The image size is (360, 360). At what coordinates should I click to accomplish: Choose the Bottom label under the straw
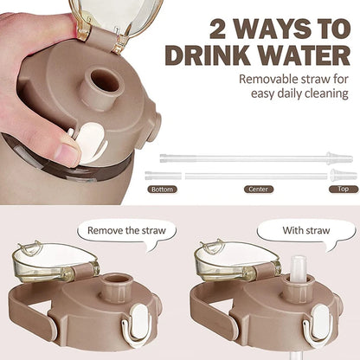tap(163, 188)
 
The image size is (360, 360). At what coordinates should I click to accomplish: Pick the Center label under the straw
tap(258, 188)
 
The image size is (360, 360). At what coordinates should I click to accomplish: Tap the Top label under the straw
tap(343, 188)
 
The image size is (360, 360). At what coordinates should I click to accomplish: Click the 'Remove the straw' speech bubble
tap(127, 231)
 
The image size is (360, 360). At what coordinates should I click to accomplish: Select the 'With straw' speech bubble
tap(306, 231)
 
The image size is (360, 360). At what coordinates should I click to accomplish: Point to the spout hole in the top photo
tap(105, 80)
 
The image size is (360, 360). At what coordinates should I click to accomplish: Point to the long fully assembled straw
tap(255, 158)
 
